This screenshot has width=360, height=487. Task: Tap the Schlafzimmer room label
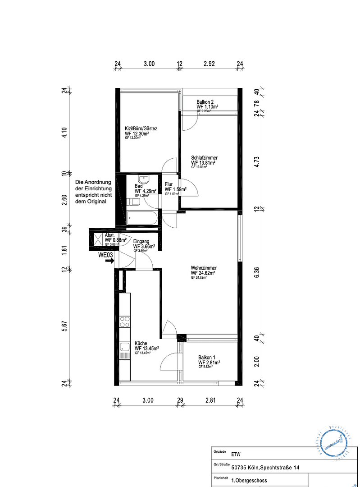click(204, 158)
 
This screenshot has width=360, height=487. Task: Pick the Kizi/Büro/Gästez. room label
click(141, 129)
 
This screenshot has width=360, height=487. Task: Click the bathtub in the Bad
click(142, 219)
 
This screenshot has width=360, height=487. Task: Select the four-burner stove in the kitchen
click(125, 322)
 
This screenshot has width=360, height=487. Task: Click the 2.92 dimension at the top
click(209, 64)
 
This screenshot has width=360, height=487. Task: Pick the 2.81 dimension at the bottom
click(211, 400)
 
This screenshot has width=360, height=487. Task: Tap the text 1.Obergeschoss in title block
click(249, 481)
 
